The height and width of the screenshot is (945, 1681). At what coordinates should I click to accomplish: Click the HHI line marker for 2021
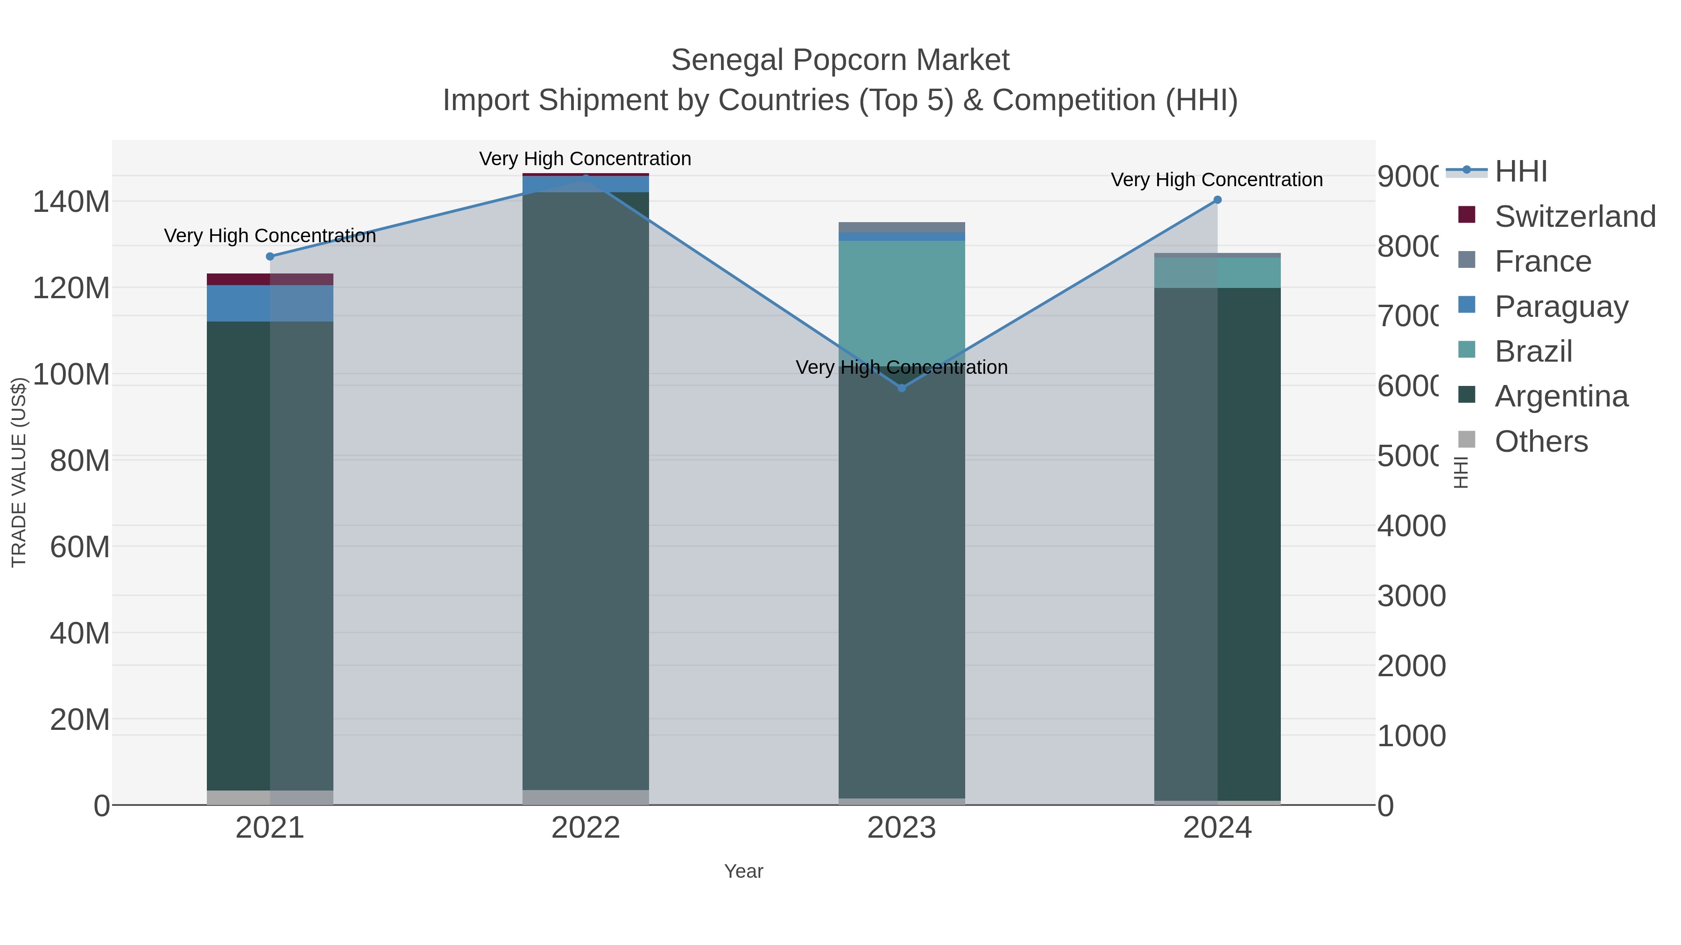pos(270,256)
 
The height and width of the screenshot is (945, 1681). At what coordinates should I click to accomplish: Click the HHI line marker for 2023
pos(902,388)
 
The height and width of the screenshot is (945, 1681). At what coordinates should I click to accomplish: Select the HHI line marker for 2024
pos(1217,200)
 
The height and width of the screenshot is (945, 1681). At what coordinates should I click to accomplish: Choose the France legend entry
pos(1543,261)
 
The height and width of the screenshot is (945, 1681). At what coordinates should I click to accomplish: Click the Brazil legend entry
pos(1533,351)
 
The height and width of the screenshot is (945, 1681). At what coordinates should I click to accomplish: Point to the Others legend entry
pos(1541,441)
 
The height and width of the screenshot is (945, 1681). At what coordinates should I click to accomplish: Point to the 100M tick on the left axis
pos(71,374)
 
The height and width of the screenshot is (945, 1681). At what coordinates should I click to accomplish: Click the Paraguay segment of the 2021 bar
pos(270,303)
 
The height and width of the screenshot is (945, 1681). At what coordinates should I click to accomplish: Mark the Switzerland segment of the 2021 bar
pos(270,279)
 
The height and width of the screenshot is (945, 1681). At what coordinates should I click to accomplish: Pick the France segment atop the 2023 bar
pos(901,227)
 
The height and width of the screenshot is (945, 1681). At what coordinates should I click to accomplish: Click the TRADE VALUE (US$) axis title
pos(19,472)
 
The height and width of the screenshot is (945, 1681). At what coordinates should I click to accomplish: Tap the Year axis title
pos(743,871)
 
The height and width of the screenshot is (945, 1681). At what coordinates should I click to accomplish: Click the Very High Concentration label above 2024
pos(1216,180)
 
